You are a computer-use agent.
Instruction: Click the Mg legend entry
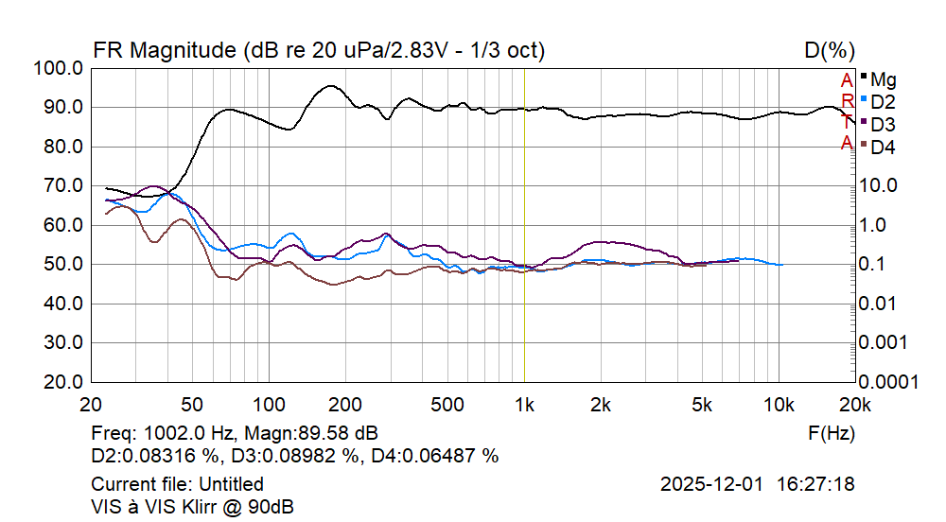point(884,78)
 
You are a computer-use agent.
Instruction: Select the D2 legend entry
point(884,101)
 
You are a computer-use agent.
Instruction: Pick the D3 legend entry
point(884,124)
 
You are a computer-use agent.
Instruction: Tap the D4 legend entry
point(884,147)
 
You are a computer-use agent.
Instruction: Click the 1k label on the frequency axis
point(524,406)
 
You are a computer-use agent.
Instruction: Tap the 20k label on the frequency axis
point(854,406)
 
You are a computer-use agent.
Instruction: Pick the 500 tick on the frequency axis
point(447,406)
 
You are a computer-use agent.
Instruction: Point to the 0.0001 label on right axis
point(891,382)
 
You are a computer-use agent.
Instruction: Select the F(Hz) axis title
point(831,433)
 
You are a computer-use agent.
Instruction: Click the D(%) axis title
point(830,49)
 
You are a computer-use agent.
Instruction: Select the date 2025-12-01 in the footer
point(711,484)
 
